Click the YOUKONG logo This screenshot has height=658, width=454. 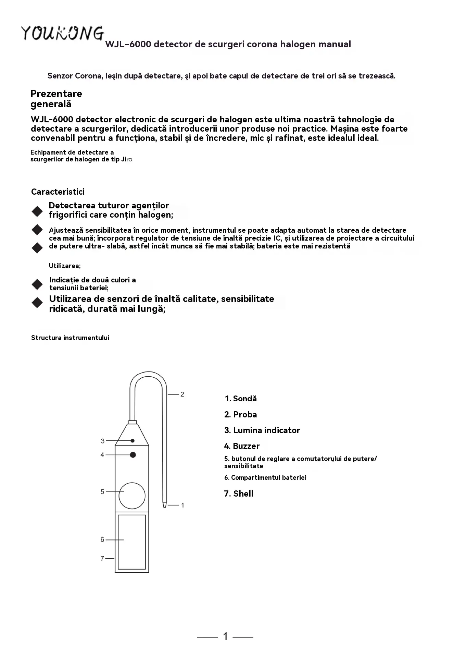pyautogui.click(x=63, y=33)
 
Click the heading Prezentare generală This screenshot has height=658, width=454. pyautogui.click(x=56, y=99)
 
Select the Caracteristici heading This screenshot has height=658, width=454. pyautogui.click(x=58, y=192)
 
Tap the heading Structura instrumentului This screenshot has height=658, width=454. pyautogui.click(x=70, y=338)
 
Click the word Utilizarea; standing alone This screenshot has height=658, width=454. pyautogui.click(x=65, y=266)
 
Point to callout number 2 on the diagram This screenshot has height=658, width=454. pyautogui.click(x=182, y=394)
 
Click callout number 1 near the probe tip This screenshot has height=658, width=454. pyautogui.click(x=182, y=505)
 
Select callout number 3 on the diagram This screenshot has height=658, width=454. pyautogui.click(x=102, y=441)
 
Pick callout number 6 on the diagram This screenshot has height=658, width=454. pyautogui.click(x=102, y=540)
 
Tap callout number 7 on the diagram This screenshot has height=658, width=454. pyautogui.click(x=102, y=558)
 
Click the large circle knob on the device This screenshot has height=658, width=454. pyautogui.click(x=132, y=496)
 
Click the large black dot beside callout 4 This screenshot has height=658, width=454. pyautogui.click(x=133, y=455)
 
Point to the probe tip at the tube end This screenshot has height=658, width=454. pyautogui.click(x=165, y=504)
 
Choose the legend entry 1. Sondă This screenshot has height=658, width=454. pyautogui.click(x=241, y=399)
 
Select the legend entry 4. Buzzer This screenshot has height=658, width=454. pyautogui.click(x=242, y=446)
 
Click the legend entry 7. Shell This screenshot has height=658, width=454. pyautogui.click(x=239, y=493)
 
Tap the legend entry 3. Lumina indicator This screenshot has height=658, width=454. pyautogui.click(x=262, y=430)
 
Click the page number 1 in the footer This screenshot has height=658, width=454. pyautogui.click(x=225, y=636)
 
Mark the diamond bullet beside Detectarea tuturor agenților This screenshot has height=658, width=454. pyautogui.click(x=37, y=211)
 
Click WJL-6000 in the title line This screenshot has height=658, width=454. pyautogui.click(x=128, y=44)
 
